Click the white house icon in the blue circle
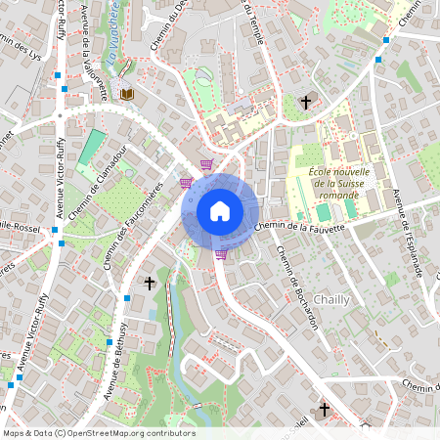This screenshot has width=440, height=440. pyautogui.click(x=219, y=210)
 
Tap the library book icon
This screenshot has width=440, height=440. pyautogui.click(x=127, y=94)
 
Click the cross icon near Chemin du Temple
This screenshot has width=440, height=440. pyautogui.click(x=305, y=102)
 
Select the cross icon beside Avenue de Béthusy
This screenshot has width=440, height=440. pyautogui.click(x=150, y=284)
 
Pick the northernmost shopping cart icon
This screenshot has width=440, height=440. pyautogui.click(x=205, y=164)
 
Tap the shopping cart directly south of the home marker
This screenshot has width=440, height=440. pyautogui.click(x=222, y=254)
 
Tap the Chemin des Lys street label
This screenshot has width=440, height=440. pyautogui.click(x=23, y=50)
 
